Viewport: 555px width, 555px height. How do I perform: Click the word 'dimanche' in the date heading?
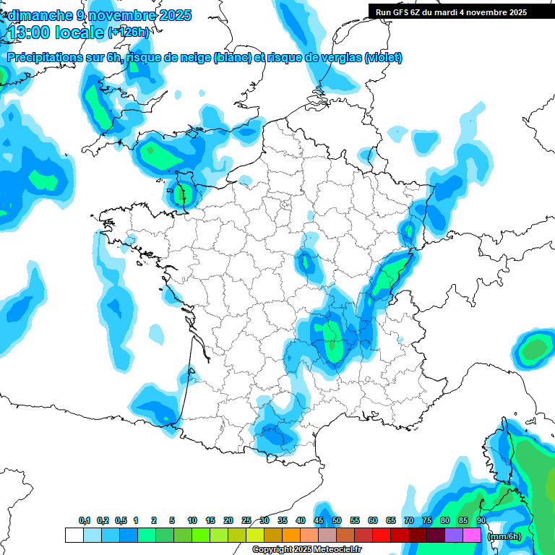pos(40,14)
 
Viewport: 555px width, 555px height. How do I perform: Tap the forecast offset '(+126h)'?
pos(128,33)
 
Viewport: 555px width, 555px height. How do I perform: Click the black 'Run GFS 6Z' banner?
pos(461,12)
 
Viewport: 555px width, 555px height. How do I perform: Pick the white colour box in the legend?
pos(74,535)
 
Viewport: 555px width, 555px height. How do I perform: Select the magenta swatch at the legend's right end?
pos(472,535)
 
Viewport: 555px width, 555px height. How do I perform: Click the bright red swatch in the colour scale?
pos(382,535)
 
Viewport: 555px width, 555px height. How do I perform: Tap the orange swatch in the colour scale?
pos(291,535)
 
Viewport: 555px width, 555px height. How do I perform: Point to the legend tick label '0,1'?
pos(85,520)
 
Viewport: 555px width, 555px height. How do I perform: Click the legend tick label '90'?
pos(481,520)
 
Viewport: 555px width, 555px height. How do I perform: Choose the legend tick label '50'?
pos(337,520)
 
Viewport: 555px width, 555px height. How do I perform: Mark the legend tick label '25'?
pos(246,520)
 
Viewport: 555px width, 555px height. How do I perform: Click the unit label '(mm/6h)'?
pos(504,536)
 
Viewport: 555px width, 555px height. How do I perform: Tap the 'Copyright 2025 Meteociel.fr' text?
pos(306,550)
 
